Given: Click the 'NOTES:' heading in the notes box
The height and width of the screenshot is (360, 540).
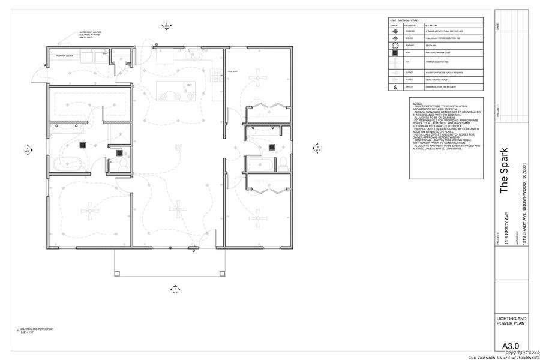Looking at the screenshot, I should click(x=417, y=103).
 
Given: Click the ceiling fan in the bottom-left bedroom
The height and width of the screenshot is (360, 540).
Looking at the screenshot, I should click(x=89, y=209).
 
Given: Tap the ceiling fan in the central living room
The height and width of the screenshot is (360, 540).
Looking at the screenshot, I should click(x=178, y=209).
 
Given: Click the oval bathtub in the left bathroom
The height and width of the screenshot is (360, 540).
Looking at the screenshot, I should click(x=62, y=163).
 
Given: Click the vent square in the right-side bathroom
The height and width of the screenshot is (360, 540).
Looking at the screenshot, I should click(x=272, y=147).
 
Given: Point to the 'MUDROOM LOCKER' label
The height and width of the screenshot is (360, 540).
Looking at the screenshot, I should click(x=65, y=55).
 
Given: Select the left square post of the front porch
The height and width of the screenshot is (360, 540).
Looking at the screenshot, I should click(x=115, y=275).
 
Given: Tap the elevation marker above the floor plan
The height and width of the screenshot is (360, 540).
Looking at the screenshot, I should click(x=167, y=25).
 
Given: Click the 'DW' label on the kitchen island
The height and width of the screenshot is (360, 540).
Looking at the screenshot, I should click(x=188, y=85).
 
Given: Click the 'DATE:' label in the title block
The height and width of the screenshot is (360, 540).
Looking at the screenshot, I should click(x=497, y=27).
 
